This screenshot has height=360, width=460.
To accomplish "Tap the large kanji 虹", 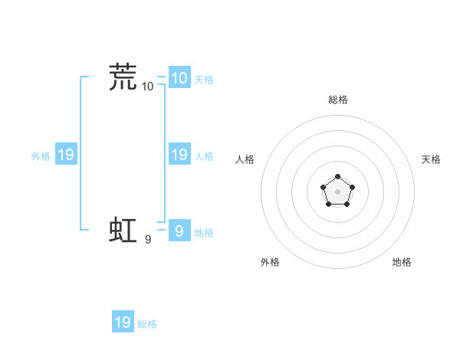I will click(123, 229).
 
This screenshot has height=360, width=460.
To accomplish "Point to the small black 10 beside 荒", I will click(148, 87).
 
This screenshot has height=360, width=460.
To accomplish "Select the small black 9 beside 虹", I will click(148, 239).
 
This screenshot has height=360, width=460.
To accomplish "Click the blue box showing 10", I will click(179, 78).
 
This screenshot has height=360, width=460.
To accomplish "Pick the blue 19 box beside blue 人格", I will click(179, 155).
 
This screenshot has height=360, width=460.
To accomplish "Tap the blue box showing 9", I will click(179, 231).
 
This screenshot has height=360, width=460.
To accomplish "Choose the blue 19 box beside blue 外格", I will click(66, 155).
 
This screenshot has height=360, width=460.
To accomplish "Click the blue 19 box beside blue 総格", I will click(123, 322).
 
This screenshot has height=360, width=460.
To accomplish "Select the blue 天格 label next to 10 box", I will click(204, 80).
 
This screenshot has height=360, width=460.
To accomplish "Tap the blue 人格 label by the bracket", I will click(204, 156).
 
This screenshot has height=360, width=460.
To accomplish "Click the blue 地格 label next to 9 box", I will click(204, 233).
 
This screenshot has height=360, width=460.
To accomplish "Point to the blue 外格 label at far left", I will click(41, 156).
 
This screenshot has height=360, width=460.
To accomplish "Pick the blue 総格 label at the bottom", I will click(147, 324).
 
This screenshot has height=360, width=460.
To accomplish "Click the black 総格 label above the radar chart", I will click(337, 100).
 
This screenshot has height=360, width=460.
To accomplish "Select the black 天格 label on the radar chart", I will click(431, 159).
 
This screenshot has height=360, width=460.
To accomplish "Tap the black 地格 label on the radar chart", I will click(402, 262).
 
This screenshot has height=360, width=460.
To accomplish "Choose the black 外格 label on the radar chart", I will click(270, 262).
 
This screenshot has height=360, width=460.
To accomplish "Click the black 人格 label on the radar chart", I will click(245, 159).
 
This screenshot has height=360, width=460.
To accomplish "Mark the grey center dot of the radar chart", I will click(337, 191).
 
